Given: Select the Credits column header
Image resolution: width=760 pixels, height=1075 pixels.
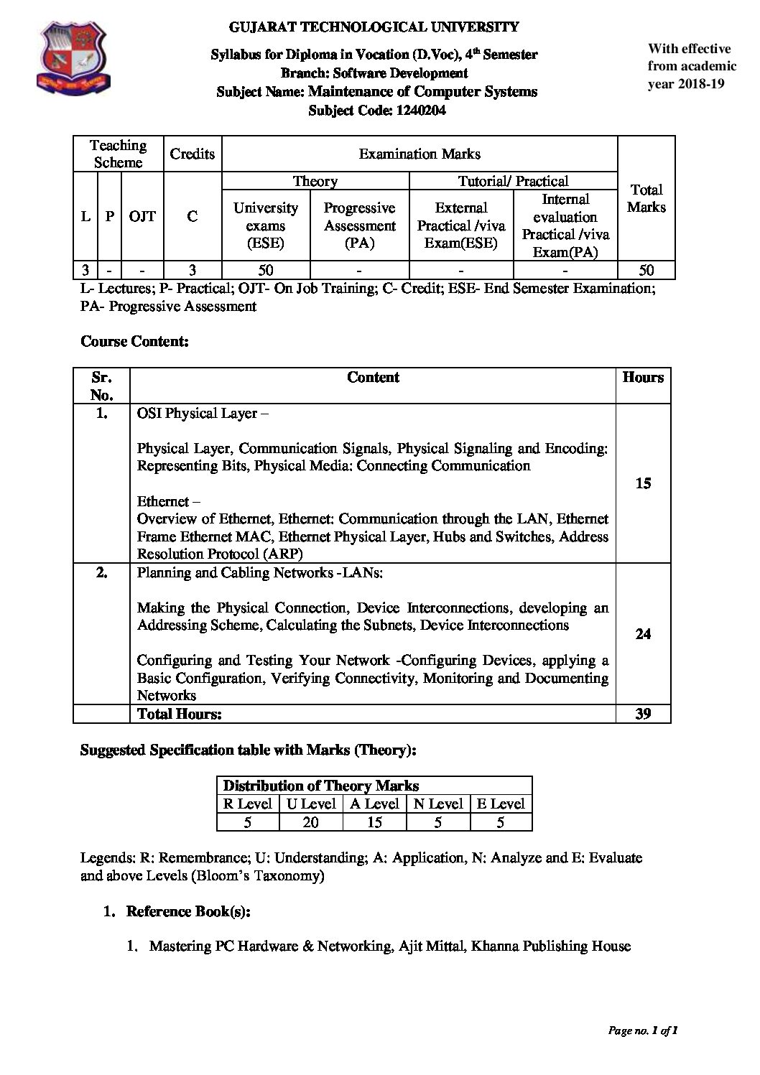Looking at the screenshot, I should click(192, 154).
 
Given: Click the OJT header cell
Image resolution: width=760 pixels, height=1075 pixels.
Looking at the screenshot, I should click(142, 216).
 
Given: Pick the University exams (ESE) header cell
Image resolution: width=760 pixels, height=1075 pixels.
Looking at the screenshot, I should click(266, 225).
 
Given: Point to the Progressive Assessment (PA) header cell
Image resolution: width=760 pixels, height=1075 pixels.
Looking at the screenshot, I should click(359, 225).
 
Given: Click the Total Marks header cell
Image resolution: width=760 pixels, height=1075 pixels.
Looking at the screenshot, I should click(646, 198).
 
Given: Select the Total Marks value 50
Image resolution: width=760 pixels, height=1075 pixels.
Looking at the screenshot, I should click(646, 270).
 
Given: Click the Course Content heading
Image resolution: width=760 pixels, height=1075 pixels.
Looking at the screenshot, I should click(134, 342).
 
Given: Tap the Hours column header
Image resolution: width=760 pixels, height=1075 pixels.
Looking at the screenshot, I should click(643, 378).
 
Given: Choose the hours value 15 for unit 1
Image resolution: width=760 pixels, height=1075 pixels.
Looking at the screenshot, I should click(643, 483).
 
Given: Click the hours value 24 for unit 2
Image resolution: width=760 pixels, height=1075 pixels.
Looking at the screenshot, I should click(643, 633).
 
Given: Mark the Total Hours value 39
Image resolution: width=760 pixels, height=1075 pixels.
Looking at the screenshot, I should click(643, 714).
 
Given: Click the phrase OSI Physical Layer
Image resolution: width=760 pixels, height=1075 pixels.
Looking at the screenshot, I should click(197, 414).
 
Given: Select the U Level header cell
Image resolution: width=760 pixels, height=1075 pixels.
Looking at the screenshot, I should click(311, 804).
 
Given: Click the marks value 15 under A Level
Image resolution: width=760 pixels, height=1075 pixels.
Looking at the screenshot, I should click(374, 822).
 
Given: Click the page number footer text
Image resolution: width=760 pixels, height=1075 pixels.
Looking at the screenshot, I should click(643, 1030).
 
